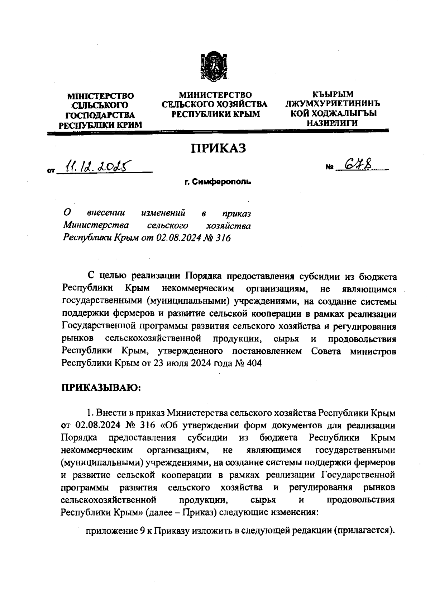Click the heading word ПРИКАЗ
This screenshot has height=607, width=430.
click(219, 148)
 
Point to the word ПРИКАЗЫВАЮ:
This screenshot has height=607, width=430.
click(101, 388)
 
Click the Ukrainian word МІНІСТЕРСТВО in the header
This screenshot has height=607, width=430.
click(101, 96)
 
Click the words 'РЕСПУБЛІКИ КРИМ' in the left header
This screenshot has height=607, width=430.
click(101, 125)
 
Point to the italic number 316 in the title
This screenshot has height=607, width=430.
click(222, 238)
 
